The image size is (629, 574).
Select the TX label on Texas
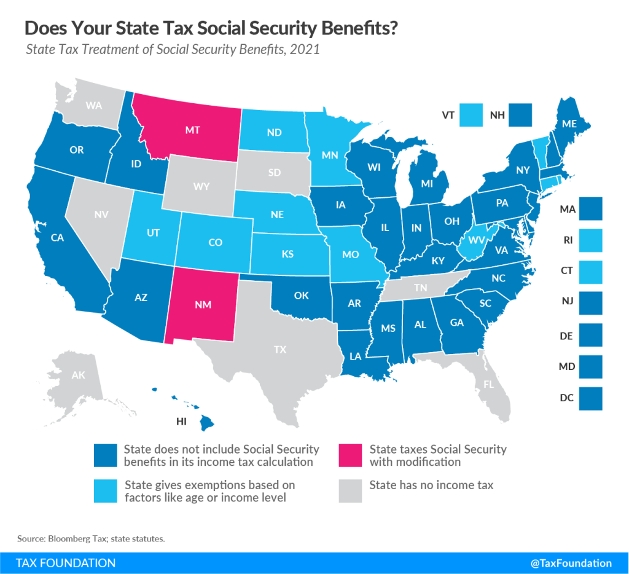pos(280,349)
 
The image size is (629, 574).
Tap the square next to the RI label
pos(591,240)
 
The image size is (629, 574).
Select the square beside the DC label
pos(591,398)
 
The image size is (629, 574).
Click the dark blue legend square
pos(104,455)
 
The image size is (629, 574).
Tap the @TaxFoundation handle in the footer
pos(571,562)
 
